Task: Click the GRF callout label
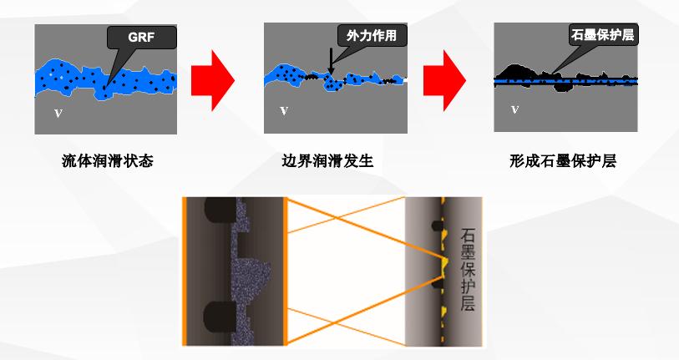coord(141,38)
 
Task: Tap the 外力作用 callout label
coord(372,35)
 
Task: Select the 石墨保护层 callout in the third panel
coord(602,34)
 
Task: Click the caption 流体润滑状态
coord(108,161)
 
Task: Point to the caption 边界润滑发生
coord(327,161)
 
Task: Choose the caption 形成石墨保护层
coord(563,161)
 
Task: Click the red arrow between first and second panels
coord(213,80)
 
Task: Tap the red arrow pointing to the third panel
coord(444,80)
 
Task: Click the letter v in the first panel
coord(58,114)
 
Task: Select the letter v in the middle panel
coord(284,111)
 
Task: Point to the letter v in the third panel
coord(514,109)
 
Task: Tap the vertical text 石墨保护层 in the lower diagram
coord(468,270)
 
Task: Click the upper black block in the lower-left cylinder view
coord(220,210)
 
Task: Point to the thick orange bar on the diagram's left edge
coord(185,271)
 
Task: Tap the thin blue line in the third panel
coord(565,81)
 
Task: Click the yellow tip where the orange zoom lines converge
coord(445,263)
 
